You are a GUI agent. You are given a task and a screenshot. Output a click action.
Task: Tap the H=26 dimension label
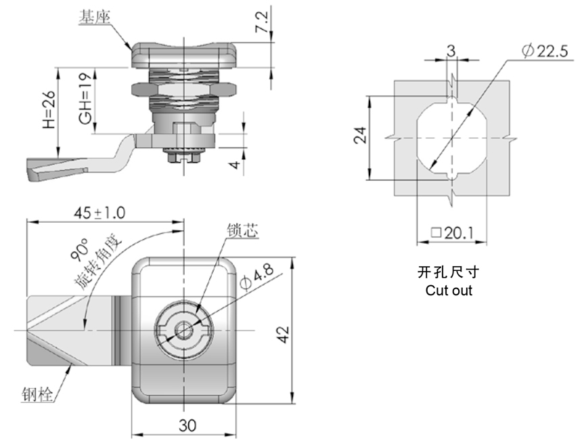click(49, 110)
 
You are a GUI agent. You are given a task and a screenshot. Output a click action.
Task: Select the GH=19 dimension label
click(85, 98)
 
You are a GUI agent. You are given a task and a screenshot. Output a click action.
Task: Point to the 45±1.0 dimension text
click(99, 213)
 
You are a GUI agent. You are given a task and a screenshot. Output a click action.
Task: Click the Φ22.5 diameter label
click(545, 51)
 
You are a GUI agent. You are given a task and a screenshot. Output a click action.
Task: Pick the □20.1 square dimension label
click(452, 233)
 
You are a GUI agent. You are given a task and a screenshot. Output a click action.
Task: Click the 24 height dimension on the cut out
click(359, 135)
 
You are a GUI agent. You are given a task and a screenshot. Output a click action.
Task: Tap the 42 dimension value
click(283, 335)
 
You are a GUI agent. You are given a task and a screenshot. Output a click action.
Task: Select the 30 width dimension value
click(187, 425)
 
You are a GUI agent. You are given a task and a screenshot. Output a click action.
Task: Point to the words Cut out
click(449, 290)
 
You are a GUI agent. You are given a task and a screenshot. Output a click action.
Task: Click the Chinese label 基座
click(94, 17)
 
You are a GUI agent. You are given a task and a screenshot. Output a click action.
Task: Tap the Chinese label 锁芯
click(242, 230)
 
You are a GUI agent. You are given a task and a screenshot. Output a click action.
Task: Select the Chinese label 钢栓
click(37, 394)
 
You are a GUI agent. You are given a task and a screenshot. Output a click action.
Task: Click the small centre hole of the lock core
click(183, 331)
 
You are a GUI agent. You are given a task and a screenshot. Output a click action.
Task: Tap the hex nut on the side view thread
click(183, 89)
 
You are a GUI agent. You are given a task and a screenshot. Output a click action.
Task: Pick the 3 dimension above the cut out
click(451, 51)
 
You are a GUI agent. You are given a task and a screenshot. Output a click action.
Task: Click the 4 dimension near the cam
click(236, 164)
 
